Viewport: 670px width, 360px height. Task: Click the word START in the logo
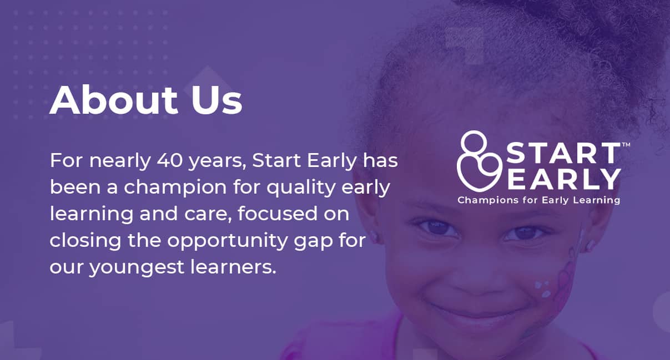pyautogui.click(x=563, y=154)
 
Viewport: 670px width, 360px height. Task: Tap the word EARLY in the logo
pyautogui.click(x=564, y=179)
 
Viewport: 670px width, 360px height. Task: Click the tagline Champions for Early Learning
pyautogui.click(x=538, y=200)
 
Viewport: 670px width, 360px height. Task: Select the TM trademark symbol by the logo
pyautogui.click(x=626, y=145)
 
